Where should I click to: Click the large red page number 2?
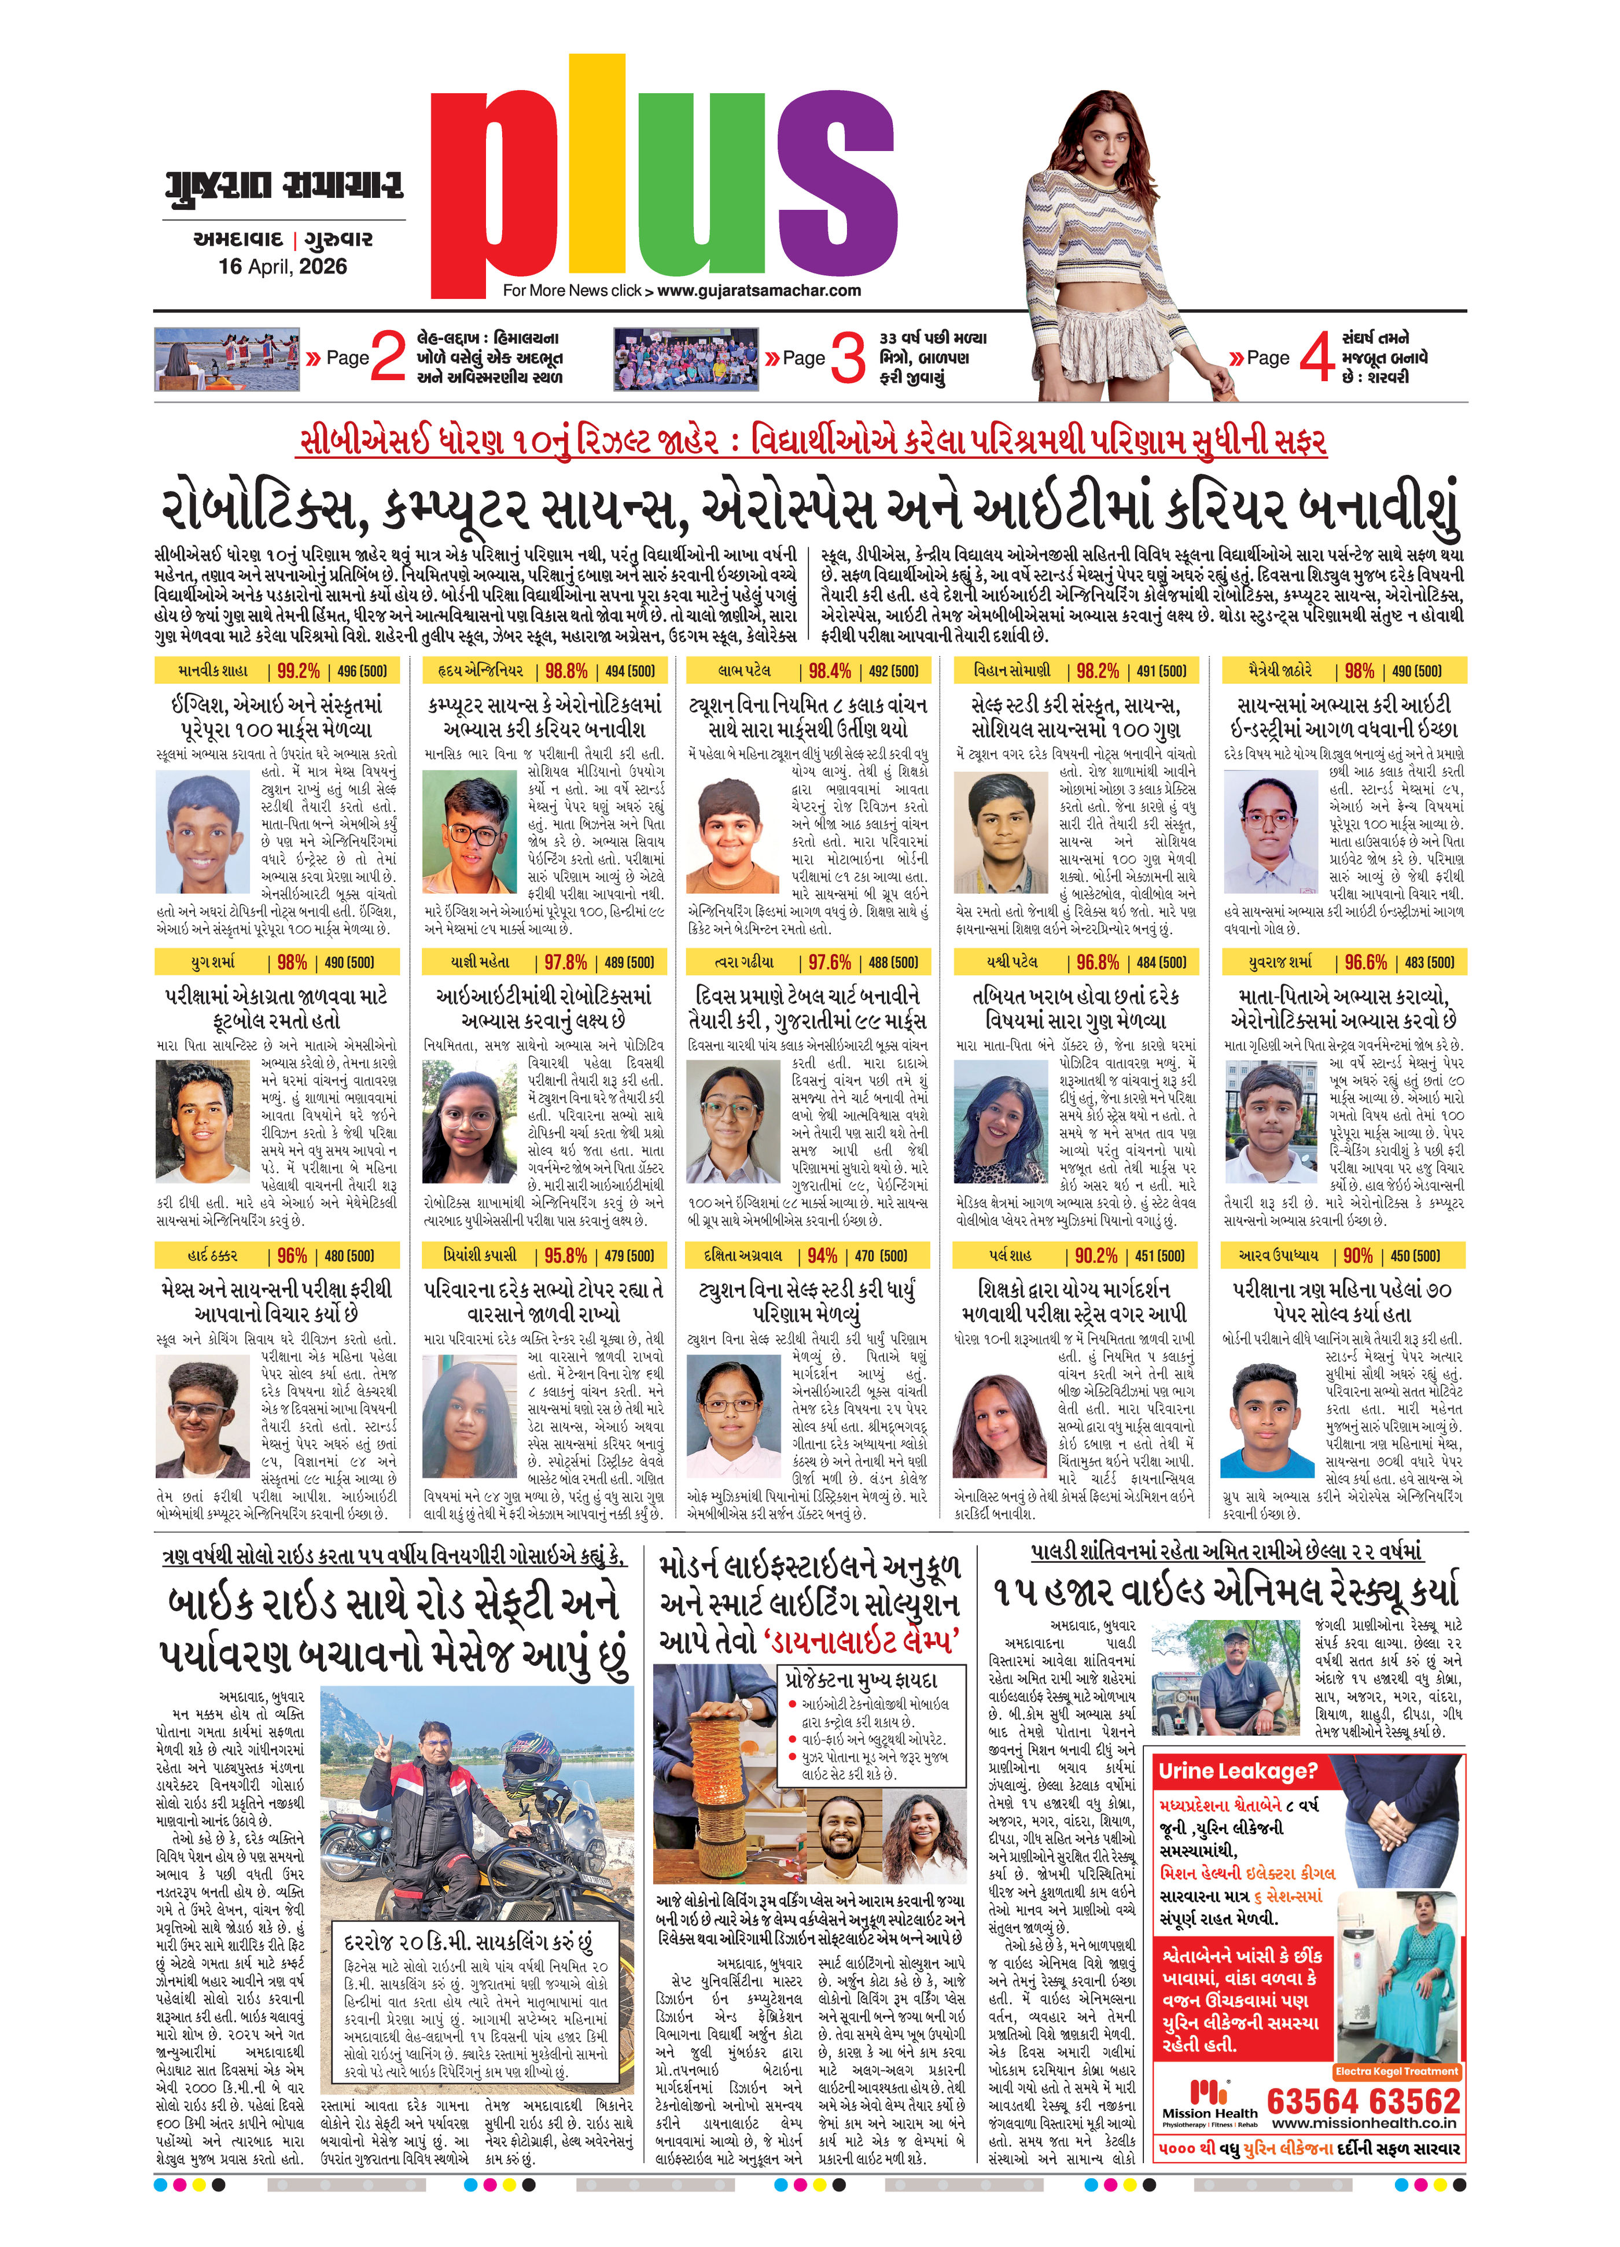(388, 357)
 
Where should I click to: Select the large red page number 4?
(1316, 357)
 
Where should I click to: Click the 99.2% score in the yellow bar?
(298, 671)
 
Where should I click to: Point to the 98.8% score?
(566, 671)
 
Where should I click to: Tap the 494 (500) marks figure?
(630, 671)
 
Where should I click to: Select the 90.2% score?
(1096, 1255)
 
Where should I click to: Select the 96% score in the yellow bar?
(291, 1255)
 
